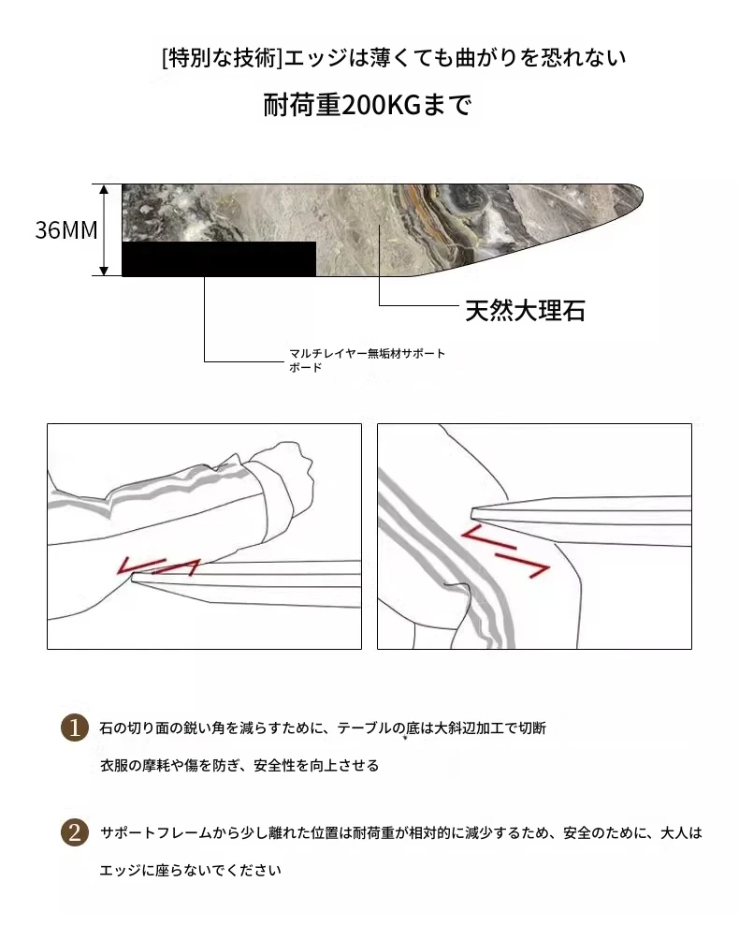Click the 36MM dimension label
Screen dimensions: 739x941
pyautogui.click(x=66, y=229)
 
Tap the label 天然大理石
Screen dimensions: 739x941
pyautogui.click(x=525, y=310)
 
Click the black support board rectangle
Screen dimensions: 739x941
pyautogui.click(x=219, y=258)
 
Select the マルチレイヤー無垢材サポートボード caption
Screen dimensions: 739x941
pyautogui.click(x=367, y=360)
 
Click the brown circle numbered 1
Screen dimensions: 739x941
pyautogui.click(x=75, y=728)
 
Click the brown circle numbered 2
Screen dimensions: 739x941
pyautogui.click(x=75, y=832)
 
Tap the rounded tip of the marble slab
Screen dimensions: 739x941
pyautogui.click(x=641, y=194)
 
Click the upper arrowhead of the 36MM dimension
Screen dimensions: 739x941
pyautogui.click(x=104, y=189)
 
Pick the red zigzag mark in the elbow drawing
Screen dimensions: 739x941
pyautogui.click(x=158, y=566)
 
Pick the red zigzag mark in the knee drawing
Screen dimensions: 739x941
pyautogui.click(x=504, y=551)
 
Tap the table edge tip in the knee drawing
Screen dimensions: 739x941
pyautogui.click(x=473, y=513)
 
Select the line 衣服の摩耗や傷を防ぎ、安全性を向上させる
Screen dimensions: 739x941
pyautogui.click(x=239, y=765)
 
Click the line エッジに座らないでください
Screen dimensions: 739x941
pyautogui.click(x=190, y=870)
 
